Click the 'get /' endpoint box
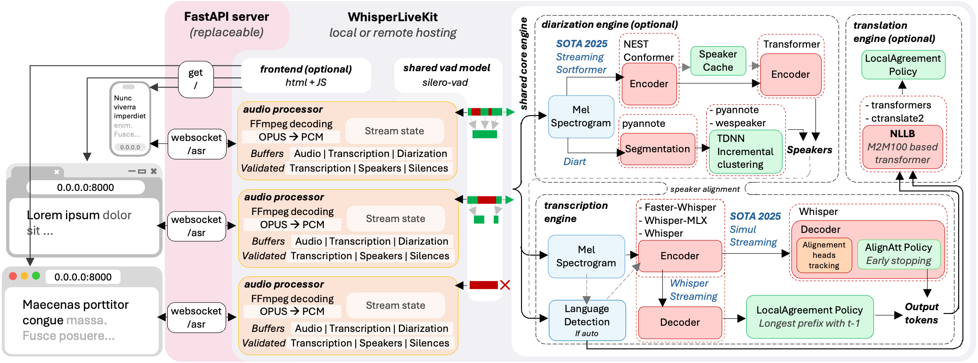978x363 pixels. click(x=196, y=79)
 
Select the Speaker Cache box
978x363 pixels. click(x=718, y=61)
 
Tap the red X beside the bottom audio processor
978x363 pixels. click(x=505, y=285)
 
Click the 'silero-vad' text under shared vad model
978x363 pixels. click(x=445, y=82)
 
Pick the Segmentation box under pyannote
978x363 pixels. click(x=658, y=149)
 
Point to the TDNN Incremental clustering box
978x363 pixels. click(x=745, y=151)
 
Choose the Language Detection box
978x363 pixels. click(x=587, y=321)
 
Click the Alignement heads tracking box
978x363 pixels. click(x=824, y=255)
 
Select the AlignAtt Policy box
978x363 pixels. click(x=898, y=254)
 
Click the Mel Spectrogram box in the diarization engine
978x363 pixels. click(x=581, y=116)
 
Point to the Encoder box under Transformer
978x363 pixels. click(x=791, y=74)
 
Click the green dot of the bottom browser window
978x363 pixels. click(x=36, y=276)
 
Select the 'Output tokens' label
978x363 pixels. click(x=921, y=313)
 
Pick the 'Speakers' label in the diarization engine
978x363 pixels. click(x=809, y=150)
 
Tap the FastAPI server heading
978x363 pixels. click(x=227, y=17)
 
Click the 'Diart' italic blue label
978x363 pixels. click(x=575, y=162)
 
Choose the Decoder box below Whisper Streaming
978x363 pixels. click(x=680, y=322)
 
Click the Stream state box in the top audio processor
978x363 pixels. click(x=394, y=131)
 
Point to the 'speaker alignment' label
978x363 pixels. click(x=705, y=189)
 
